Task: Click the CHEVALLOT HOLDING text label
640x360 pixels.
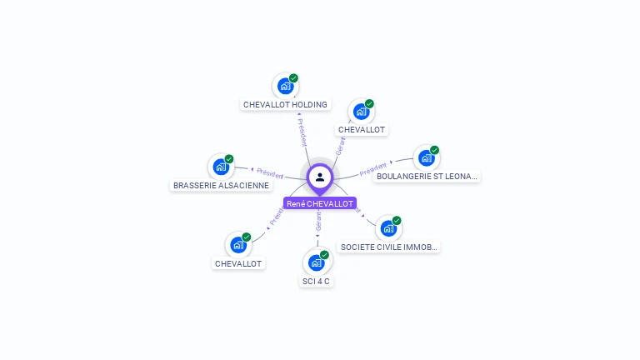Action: [x=285, y=105]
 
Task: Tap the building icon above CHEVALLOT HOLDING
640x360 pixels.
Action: [x=285, y=86]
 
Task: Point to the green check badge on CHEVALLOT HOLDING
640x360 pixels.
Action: [x=294, y=78]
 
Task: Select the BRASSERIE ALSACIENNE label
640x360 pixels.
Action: [x=221, y=185]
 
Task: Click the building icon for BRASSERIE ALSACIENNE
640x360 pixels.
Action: [x=221, y=167]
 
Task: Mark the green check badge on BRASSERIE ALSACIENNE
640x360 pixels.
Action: [x=229, y=159]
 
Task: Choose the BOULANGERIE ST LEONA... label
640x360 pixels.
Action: [x=427, y=177]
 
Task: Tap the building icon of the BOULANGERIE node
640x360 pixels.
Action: [x=426, y=157]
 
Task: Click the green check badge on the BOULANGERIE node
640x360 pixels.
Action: [x=435, y=150]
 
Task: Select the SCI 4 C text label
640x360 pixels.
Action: [x=316, y=282]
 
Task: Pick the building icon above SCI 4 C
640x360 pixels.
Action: [x=316, y=262]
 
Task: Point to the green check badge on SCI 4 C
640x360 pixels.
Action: [x=325, y=255]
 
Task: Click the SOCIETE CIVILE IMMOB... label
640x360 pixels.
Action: [x=389, y=247]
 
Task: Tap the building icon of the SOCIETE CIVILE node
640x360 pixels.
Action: [x=387, y=228]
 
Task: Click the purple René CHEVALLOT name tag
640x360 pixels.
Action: [x=320, y=203]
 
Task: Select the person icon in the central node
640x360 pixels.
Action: [x=320, y=177]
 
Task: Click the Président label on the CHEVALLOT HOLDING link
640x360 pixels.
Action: [x=302, y=132]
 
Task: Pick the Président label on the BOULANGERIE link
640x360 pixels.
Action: [x=373, y=169]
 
